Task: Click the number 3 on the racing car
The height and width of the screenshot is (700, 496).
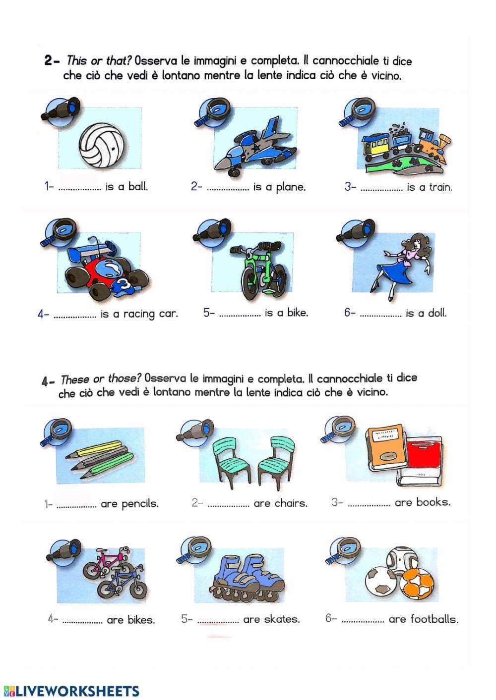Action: (x=124, y=286)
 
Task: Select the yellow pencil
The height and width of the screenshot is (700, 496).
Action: (x=97, y=449)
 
